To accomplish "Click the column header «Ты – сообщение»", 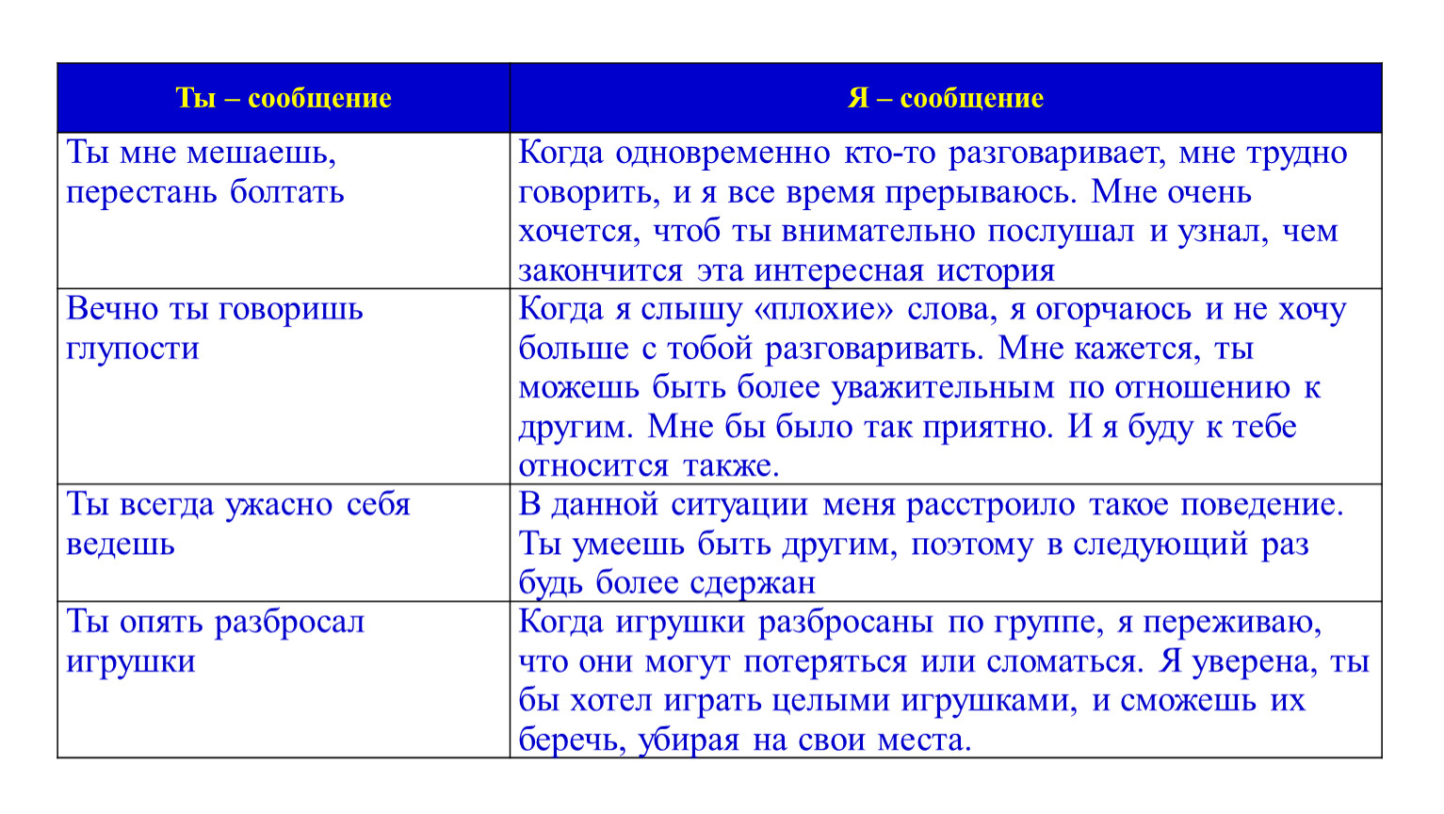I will (x=283, y=98).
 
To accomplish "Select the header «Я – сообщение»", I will (x=946, y=98).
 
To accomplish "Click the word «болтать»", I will (x=287, y=192).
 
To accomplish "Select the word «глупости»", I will (x=133, y=349).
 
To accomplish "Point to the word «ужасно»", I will (x=279, y=505).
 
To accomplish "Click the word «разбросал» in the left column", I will (x=289, y=623).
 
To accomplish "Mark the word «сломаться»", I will (x=1064, y=662).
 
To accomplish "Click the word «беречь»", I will (x=571, y=741).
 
